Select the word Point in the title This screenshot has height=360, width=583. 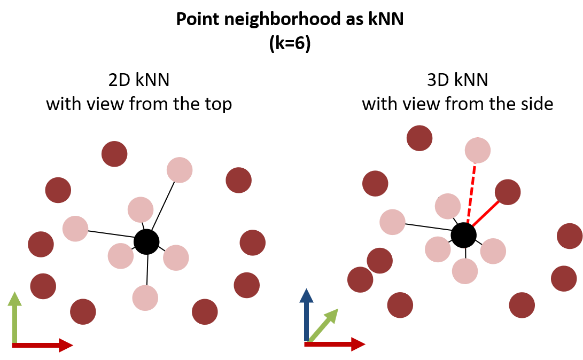(196, 21)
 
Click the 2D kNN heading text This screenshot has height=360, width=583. (138, 80)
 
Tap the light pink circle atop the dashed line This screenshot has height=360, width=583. (477, 150)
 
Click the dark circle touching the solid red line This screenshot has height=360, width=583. (508, 192)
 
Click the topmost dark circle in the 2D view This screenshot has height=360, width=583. (114, 154)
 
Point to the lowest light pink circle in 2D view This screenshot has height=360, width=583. (145, 298)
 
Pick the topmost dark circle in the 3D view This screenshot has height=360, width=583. (419, 138)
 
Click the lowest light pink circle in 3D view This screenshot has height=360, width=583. (465, 271)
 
